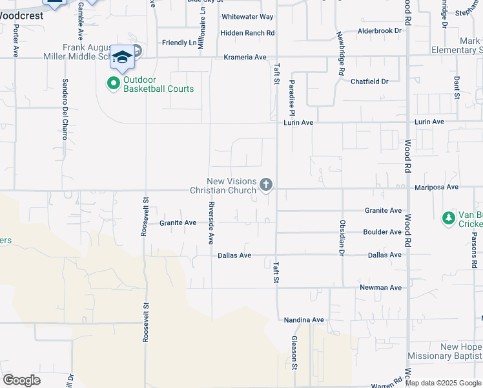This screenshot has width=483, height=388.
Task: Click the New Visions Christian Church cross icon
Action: (x=265, y=186)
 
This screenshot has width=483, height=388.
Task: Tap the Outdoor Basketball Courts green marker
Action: (x=114, y=83)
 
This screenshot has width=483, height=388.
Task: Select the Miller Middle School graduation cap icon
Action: (x=121, y=58)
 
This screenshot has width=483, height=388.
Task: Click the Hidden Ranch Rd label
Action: (x=247, y=33)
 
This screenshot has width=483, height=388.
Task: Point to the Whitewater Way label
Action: (x=247, y=17)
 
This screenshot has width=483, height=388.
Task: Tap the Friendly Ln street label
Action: (x=180, y=43)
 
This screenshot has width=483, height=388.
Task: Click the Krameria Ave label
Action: (x=245, y=58)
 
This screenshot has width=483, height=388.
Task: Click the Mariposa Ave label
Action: (x=436, y=187)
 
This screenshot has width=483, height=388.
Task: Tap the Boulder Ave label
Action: (x=382, y=232)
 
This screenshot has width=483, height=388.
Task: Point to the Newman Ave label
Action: (x=381, y=288)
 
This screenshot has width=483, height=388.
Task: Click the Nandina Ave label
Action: (x=304, y=320)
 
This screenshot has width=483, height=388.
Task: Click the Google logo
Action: (x=21, y=380)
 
